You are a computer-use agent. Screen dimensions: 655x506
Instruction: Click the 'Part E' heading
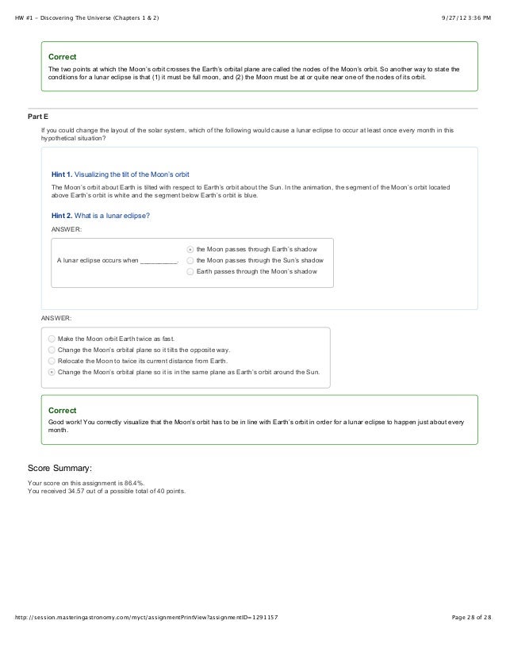point(39,117)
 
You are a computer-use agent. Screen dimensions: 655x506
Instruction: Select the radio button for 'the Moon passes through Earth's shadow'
point(190,248)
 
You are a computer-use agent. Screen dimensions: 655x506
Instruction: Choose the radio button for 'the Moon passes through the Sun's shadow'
point(190,259)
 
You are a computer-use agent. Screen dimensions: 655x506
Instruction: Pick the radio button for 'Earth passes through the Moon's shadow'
point(190,271)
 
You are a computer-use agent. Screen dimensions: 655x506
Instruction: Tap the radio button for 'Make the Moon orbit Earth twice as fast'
point(52,338)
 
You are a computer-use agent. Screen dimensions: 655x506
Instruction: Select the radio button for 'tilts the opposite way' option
point(52,349)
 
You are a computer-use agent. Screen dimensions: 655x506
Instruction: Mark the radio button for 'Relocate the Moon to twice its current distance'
point(52,360)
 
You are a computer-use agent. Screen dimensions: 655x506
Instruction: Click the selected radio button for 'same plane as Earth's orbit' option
point(52,371)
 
